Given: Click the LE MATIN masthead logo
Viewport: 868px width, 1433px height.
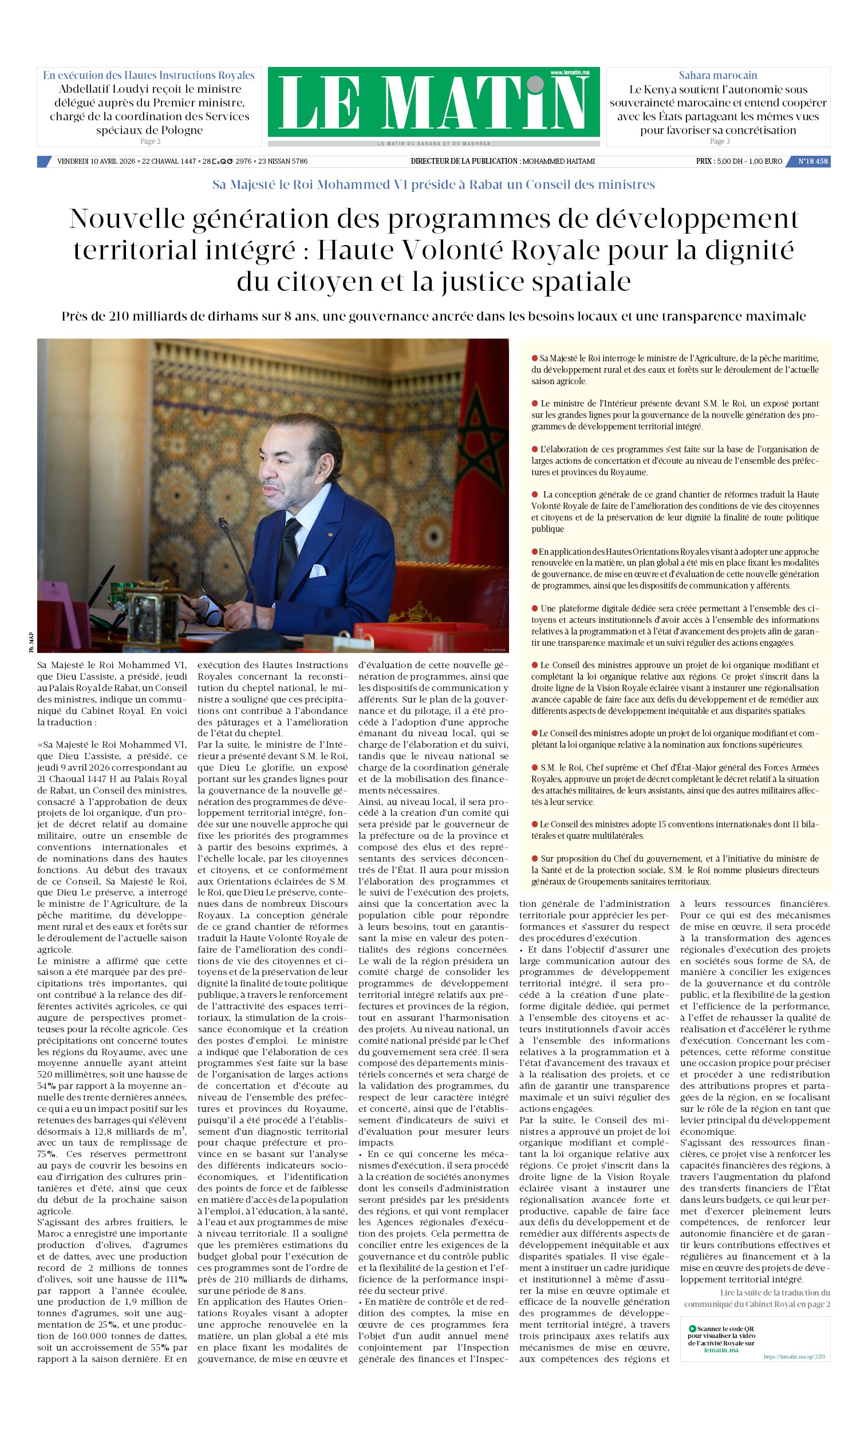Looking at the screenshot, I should [433, 103].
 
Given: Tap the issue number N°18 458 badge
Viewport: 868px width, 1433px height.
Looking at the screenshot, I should [812, 161].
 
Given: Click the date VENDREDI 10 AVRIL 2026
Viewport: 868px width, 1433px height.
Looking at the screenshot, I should [96, 161].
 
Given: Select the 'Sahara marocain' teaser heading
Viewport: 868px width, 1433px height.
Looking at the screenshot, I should [717, 75].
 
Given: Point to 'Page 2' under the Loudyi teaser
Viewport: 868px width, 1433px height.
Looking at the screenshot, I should [150, 141].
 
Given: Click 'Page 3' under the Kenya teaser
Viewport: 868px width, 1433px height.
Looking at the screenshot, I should [719, 141].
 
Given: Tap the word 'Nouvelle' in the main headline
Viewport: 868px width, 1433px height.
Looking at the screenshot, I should [126, 219].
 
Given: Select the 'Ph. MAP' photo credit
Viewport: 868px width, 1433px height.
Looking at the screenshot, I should [31, 641].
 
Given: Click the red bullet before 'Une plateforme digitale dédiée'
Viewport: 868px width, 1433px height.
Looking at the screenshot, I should [534, 608].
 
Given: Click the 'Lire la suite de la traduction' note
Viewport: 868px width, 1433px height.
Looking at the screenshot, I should [774, 1292].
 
